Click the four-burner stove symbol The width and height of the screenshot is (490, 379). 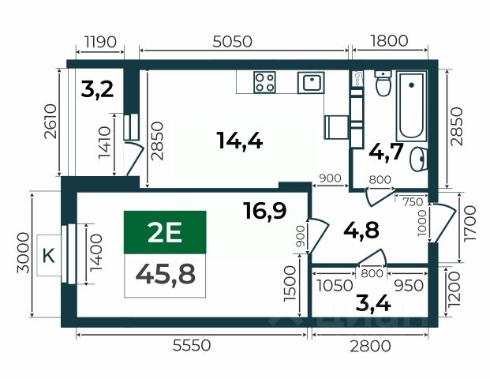pos(264,82)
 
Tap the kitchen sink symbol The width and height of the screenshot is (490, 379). pos(311,83)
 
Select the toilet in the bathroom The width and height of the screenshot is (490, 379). pos(383,83)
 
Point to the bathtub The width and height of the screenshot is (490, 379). pos(411,106)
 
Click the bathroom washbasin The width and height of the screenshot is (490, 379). pos(418,159)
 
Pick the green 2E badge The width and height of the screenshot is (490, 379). pos(165,232)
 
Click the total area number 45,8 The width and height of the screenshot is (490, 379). pos(166,274)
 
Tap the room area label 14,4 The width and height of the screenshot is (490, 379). pos(240,141)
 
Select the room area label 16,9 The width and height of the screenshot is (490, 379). pos(264,210)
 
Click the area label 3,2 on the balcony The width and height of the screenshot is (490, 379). pos(97,89)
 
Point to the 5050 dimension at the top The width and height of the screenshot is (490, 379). pos(232,42)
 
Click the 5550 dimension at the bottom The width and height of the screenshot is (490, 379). pos(192,346)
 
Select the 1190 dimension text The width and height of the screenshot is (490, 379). pos(100,42)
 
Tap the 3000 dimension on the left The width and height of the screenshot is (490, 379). pos(24,253)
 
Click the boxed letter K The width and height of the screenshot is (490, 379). pos(48,256)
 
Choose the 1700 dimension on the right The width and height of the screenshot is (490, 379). pos(470,223)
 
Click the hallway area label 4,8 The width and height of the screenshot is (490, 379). pos(361,230)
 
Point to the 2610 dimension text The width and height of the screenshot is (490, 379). pos(50,122)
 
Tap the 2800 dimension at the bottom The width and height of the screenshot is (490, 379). pos(370,346)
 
